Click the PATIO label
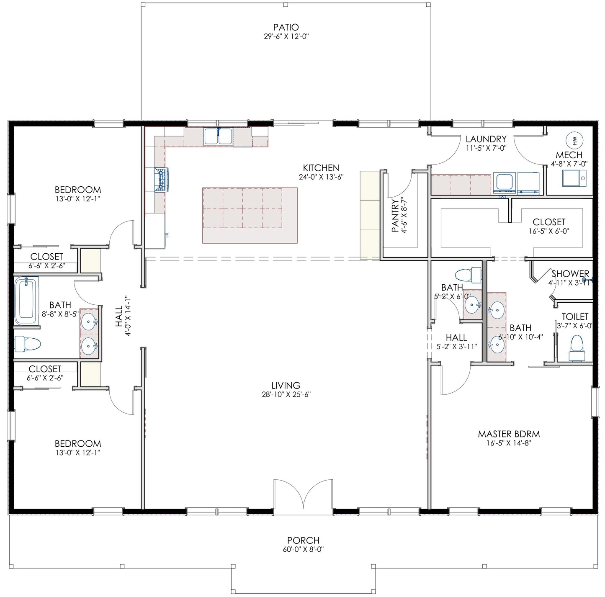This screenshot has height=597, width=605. [286, 27]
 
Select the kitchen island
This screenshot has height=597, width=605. [250, 216]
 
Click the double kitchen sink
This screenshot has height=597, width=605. [218, 136]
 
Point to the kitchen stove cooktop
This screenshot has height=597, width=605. [161, 180]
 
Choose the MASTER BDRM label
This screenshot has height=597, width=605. [509, 434]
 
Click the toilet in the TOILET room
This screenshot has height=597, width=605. [577, 347]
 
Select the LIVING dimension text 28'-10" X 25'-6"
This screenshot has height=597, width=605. [286, 394]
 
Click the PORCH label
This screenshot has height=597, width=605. [303, 540]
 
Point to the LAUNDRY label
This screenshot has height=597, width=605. [486, 139]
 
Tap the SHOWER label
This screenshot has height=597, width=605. [570, 273]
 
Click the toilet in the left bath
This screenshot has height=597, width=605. [28, 344]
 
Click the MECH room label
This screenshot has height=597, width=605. [569, 155]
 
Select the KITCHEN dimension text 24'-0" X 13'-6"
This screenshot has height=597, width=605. [321, 177]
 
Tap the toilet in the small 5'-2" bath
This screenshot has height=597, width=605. [468, 275]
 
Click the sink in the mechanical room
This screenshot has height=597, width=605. [574, 178]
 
